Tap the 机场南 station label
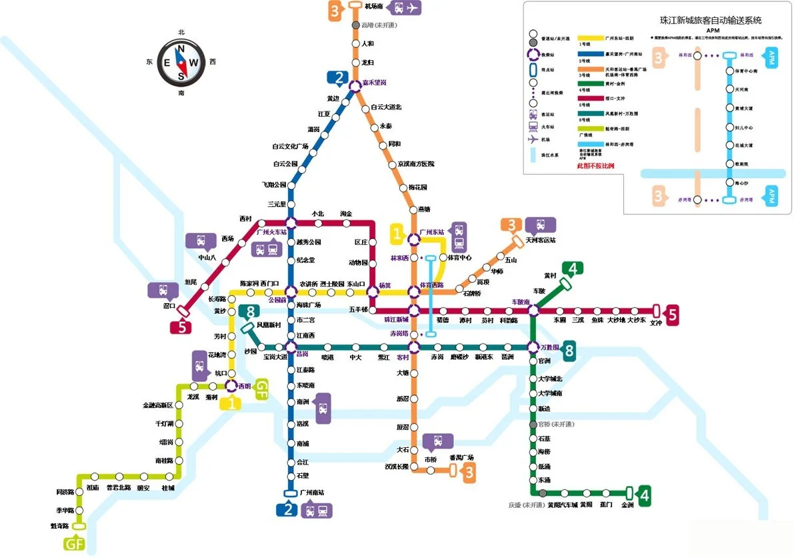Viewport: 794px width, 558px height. click(x=374, y=7)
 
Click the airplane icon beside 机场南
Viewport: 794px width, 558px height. click(x=413, y=8)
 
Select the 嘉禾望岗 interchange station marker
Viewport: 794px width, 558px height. click(x=356, y=83)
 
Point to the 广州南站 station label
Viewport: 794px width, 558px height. click(x=312, y=493)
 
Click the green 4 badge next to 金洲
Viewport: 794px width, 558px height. click(x=643, y=495)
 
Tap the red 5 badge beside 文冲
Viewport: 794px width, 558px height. click(x=672, y=314)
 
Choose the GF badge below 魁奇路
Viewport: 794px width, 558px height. click(x=74, y=544)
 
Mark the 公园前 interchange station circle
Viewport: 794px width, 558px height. click(x=291, y=292)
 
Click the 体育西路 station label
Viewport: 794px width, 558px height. click(x=432, y=286)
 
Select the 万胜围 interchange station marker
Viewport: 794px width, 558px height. click(x=533, y=347)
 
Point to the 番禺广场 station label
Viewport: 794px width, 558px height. click(x=461, y=458)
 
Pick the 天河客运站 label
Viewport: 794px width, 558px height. click(x=540, y=240)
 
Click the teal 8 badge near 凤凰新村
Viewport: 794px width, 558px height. click(x=250, y=312)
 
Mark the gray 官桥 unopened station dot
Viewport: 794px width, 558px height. click(x=533, y=425)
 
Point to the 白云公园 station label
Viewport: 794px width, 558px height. click(x=285, y=164)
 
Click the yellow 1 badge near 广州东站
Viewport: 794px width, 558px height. click(x=398, y=234)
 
